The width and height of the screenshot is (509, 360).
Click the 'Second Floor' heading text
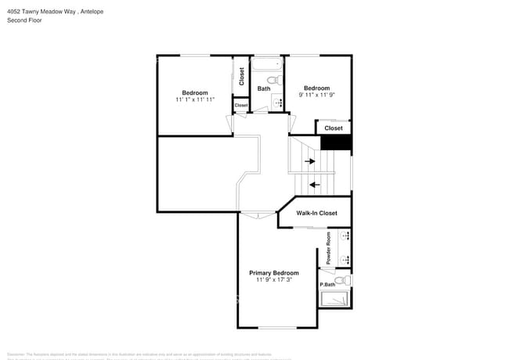pos(24,20)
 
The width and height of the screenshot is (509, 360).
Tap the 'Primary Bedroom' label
pos(273,273)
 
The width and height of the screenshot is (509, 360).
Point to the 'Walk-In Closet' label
pos(316,213)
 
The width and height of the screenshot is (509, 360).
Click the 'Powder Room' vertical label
pos(329,248)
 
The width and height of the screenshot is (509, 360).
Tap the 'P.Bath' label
pos(327,284)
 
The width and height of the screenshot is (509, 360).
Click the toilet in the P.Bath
pos(341,280)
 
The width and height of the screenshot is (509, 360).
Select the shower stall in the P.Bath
pos(335,298)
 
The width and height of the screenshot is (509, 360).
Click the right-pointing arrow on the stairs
pos(311,161)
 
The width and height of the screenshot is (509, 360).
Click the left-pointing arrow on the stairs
pos(314,185)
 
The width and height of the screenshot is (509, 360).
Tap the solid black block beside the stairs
pos(336,142)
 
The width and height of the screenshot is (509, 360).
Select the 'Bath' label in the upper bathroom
pos(264,88)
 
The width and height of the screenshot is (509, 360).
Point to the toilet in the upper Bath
pos(273,80)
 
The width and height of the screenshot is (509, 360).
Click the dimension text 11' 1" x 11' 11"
pos(195,99)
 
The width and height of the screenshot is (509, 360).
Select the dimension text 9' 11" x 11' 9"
pos(316,95)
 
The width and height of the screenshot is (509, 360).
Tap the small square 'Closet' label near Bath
pos(241,105)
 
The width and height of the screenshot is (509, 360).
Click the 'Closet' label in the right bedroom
pos(334,128)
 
